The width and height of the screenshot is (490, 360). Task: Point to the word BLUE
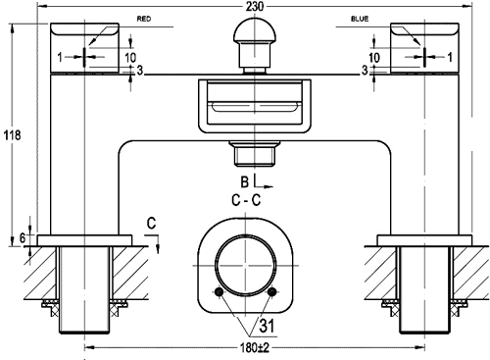(359, 19)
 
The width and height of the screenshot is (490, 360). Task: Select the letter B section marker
(244, 182)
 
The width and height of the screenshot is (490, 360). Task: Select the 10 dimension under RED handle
(131, 57)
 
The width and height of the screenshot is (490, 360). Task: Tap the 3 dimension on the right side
(365, 71)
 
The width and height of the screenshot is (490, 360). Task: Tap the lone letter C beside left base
(149, 223)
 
